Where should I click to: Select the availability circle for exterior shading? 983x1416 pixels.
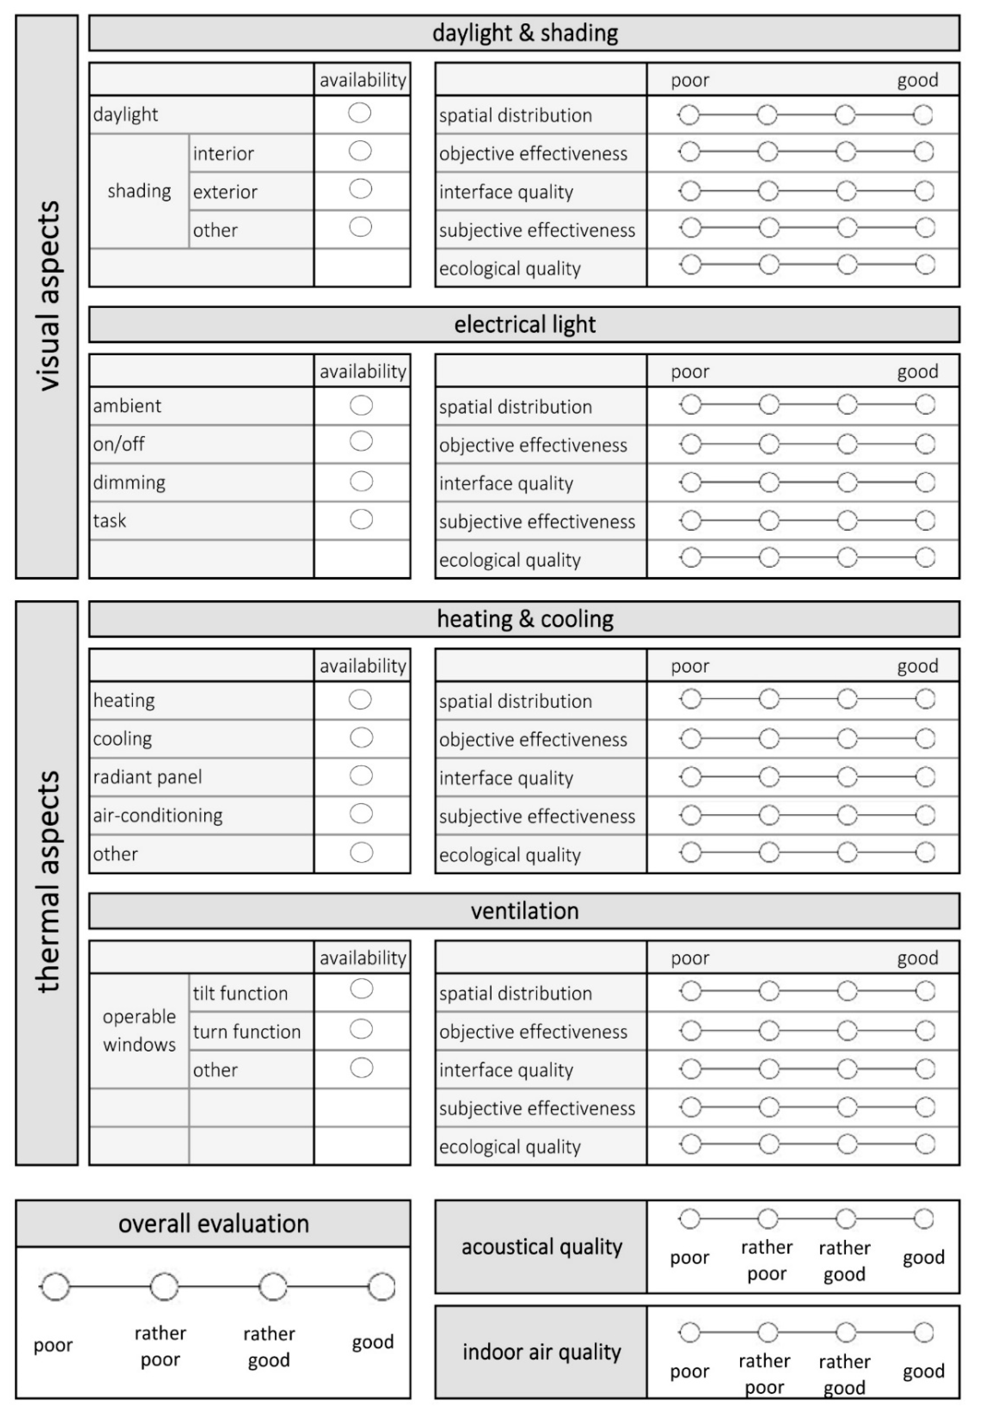tap(360, 189)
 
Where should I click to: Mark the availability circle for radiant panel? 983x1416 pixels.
tap(361, 776)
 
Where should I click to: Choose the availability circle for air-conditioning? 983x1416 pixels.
tap(361, 814)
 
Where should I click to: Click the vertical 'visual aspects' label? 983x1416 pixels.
tap(47, 296)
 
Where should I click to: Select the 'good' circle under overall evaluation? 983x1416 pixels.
tap(382, 1287)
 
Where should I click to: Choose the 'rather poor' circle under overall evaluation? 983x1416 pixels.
tap(164, 1287)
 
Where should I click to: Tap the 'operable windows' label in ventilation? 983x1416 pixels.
tap(139, 1031)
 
